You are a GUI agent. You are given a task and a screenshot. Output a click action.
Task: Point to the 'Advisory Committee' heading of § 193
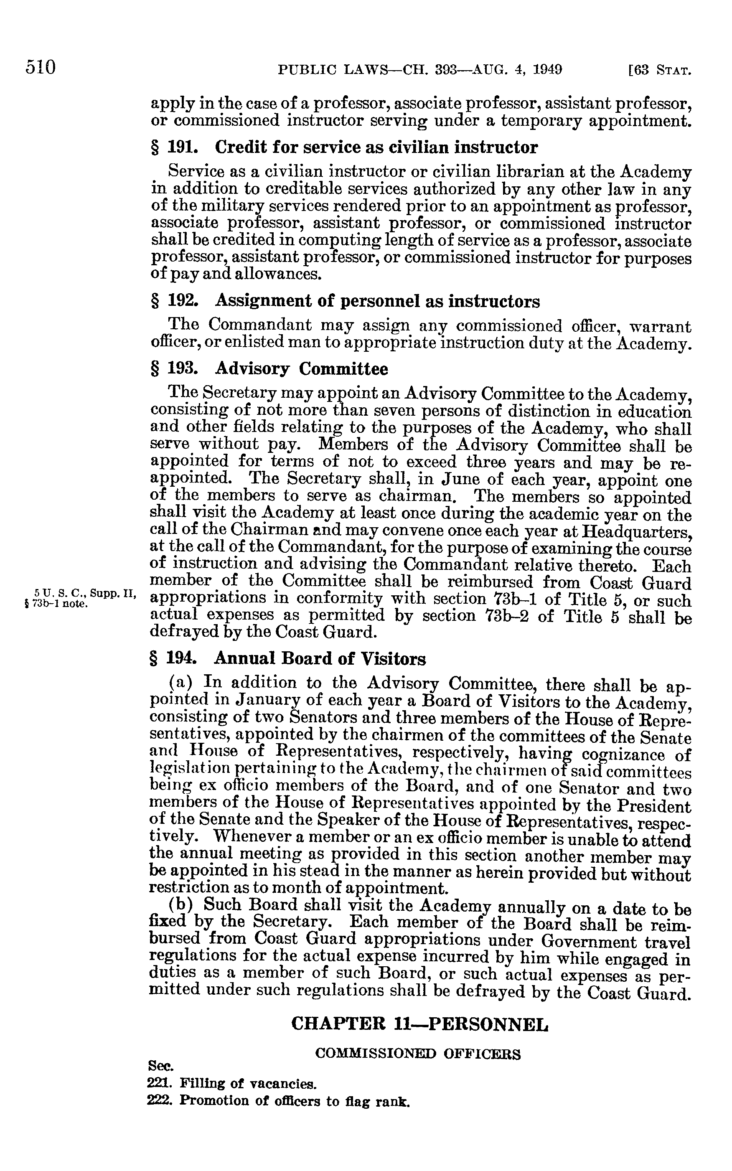[301, 369]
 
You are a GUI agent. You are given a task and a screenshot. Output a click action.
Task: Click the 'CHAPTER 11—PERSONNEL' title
[420, 1024]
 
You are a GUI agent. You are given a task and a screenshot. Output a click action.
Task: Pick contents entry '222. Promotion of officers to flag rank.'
[278, 1101]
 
